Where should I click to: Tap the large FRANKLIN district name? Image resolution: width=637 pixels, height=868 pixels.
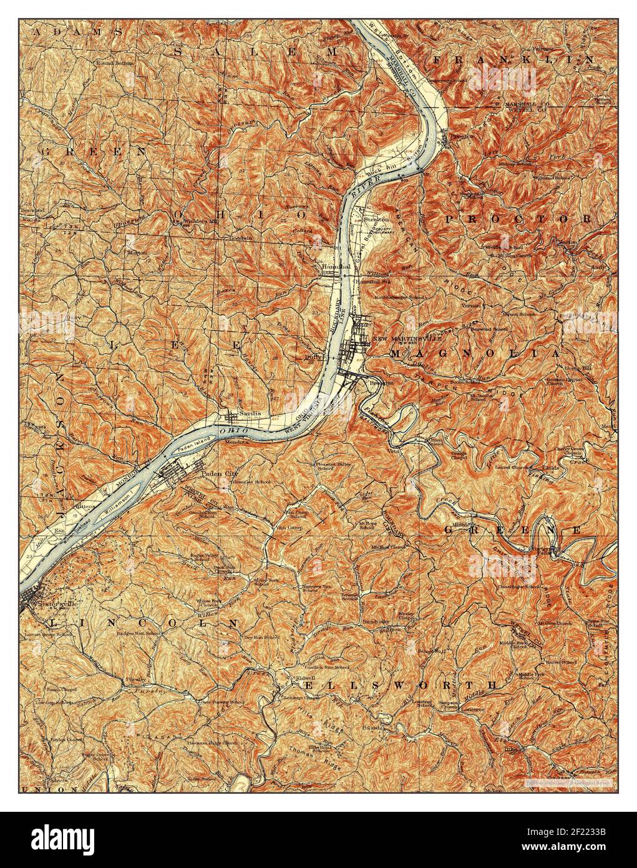point(513,59)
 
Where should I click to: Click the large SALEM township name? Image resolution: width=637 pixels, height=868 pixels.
point(256,51)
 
